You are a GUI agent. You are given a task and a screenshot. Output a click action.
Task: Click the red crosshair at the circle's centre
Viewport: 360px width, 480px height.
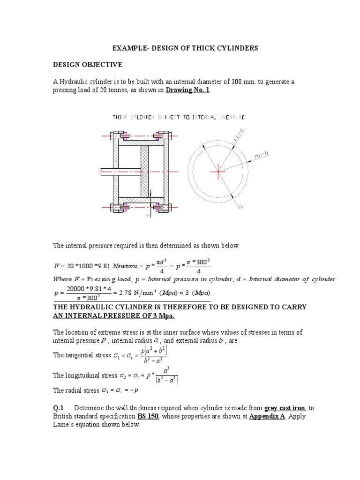point(217,172)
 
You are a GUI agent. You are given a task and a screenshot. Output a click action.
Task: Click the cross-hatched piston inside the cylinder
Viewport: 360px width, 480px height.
point(144,172)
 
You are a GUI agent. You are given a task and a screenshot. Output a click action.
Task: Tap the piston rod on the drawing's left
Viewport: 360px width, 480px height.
point(121,172)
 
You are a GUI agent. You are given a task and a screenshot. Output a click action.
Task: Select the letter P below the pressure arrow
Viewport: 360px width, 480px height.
point(148,215)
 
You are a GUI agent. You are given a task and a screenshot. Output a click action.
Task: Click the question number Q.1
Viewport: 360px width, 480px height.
point(59,408)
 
